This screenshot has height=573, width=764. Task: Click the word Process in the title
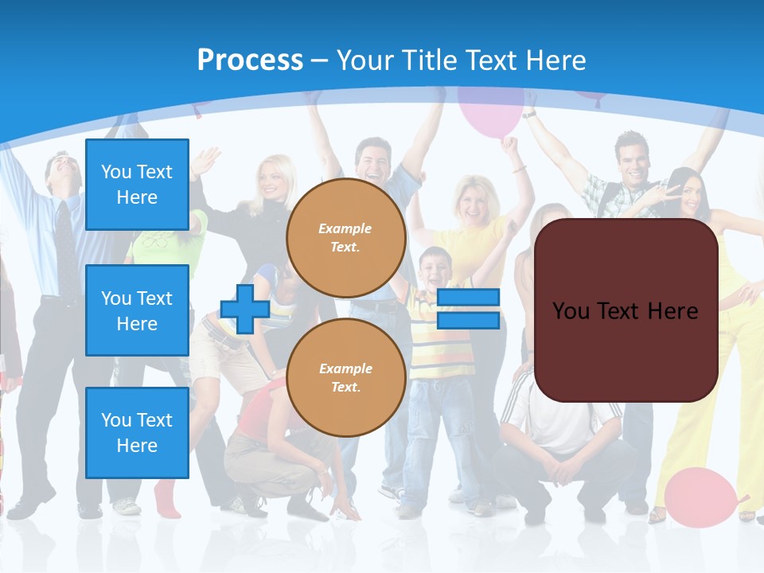250,60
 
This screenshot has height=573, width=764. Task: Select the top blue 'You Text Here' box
137,185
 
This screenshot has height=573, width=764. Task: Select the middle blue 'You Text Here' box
137,310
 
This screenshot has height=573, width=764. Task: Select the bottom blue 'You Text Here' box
137,433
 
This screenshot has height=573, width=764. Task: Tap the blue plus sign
245,309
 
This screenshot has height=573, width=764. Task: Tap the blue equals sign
468,309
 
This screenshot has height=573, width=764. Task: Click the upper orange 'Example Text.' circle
345,238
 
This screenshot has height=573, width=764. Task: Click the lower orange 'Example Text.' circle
345,378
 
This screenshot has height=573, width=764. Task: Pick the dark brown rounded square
626,310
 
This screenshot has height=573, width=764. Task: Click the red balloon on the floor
700,498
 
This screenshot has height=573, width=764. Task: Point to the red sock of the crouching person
165,497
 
